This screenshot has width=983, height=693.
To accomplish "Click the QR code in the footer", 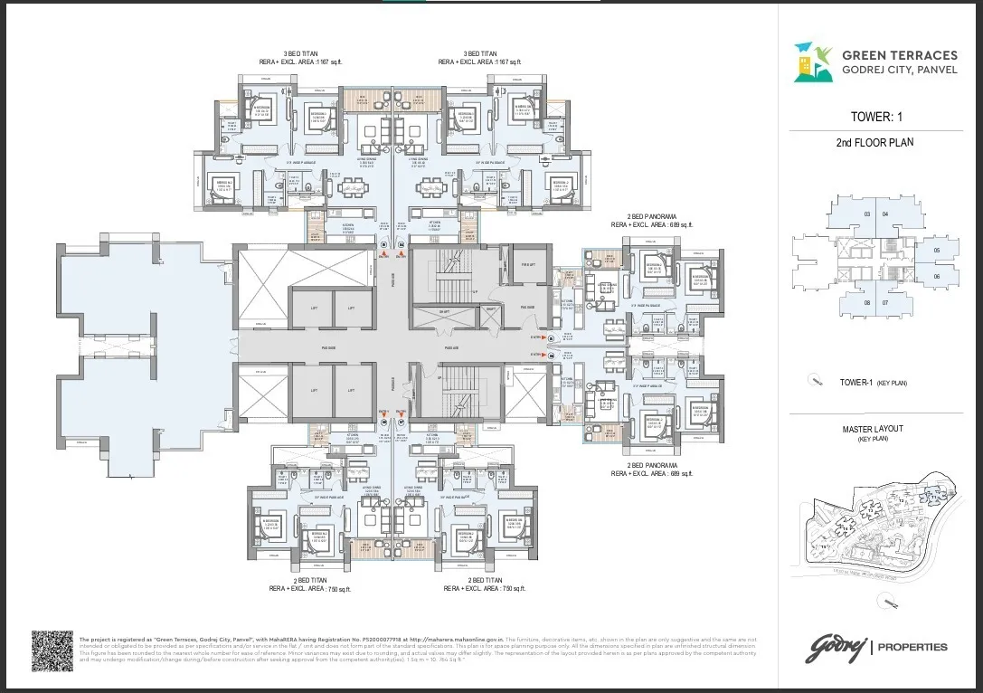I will coord(52,650).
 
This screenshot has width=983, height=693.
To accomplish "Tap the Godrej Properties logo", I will coord(876,646).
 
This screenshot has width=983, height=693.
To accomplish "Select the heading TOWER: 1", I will coord(875,117).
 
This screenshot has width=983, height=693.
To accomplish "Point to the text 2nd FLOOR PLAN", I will coord(875,143).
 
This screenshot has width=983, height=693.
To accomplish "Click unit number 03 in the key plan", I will coord(866,214).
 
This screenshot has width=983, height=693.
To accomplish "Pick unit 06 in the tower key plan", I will coord(936,277).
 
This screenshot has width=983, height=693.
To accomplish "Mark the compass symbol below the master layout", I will coord(892,602).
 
